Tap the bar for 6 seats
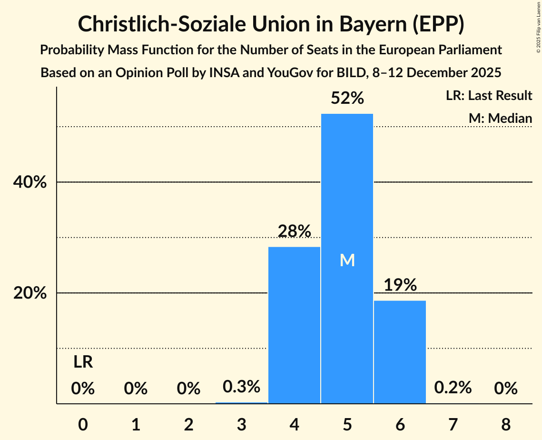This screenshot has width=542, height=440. [400, 352]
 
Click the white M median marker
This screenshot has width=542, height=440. [347, 260]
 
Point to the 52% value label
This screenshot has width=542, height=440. [347, 99]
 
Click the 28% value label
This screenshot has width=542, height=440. [295, 231]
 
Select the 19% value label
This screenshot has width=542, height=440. [400, 285]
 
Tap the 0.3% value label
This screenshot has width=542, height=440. [242, 387]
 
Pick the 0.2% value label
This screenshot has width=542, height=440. [453, 388]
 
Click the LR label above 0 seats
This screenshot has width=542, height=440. [83, 362]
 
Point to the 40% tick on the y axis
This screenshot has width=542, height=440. [30, 182]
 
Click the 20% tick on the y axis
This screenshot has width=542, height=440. [30, 293]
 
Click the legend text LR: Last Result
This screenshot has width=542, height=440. [489, 96]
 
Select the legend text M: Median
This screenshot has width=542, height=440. [500, 118]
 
